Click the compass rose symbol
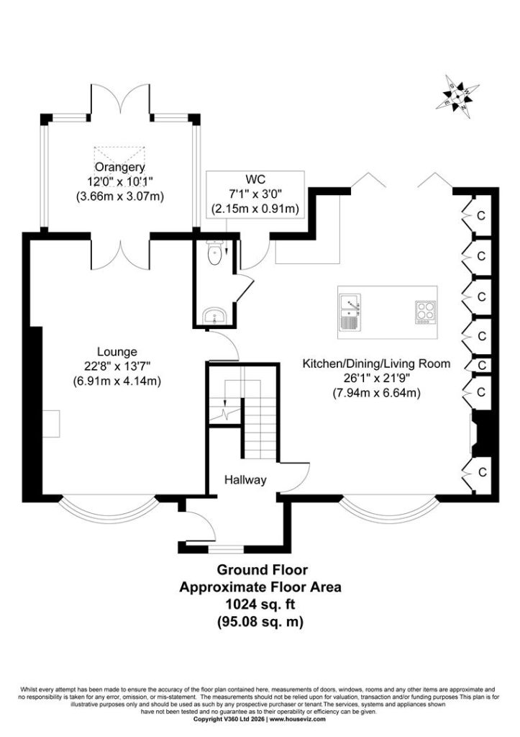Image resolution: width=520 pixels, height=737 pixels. (457, 97)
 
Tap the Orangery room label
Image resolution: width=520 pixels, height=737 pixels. (120, 167)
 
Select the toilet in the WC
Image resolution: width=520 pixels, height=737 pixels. (214, 252)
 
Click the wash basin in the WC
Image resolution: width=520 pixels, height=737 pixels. (216, 317)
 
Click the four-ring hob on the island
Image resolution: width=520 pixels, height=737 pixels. (425, 312)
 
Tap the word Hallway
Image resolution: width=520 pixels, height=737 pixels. (245, 480)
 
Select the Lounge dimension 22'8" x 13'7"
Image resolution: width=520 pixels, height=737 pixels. (117, 366)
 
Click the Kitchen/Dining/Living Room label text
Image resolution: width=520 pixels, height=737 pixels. (376, 363)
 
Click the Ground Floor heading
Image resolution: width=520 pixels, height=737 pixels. (262, 570)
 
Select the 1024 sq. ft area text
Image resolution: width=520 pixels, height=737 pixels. (261, 604)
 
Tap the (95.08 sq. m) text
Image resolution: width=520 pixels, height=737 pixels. (260, 622)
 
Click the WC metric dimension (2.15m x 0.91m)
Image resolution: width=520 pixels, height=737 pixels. (255, 208)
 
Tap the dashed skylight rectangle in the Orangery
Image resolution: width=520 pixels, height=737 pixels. (119, 160)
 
